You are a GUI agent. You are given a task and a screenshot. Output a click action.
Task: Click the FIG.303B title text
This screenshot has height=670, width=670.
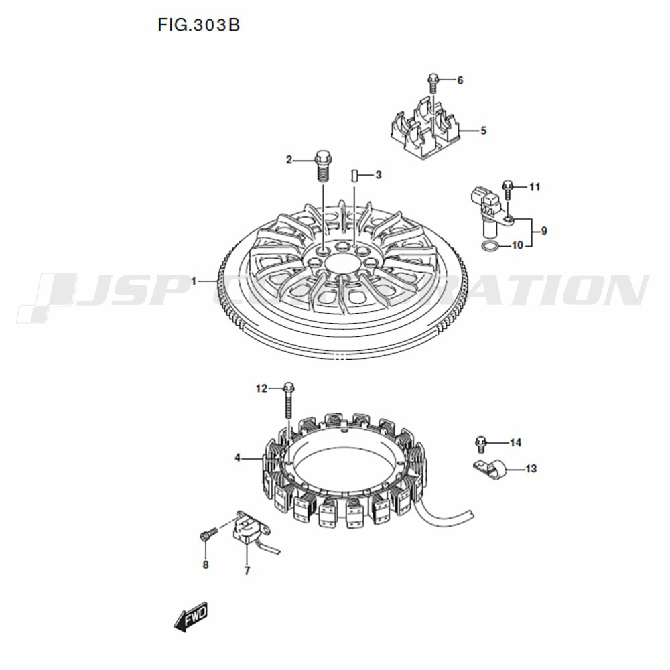(199, 25)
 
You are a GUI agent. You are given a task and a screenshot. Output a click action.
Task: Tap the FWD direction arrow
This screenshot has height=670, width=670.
(191, 616)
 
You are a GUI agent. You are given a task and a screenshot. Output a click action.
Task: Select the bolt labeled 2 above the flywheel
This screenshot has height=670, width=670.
(323, 166)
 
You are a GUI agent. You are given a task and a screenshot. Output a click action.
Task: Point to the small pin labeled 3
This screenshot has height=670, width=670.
(354, 176)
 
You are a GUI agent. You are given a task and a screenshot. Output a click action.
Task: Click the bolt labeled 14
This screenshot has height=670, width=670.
(481, 444)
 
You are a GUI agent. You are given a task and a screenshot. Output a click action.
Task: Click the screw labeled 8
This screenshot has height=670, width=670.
(208, 534)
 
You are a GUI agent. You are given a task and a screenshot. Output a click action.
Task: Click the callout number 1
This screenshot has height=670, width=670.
(194, 281)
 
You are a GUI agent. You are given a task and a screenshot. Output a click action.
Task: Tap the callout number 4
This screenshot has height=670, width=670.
(237, 458)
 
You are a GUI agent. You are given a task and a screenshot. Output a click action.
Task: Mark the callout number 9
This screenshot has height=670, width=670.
(544, 231)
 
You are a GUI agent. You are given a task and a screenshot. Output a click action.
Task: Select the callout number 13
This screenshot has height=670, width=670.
(531, 469)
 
